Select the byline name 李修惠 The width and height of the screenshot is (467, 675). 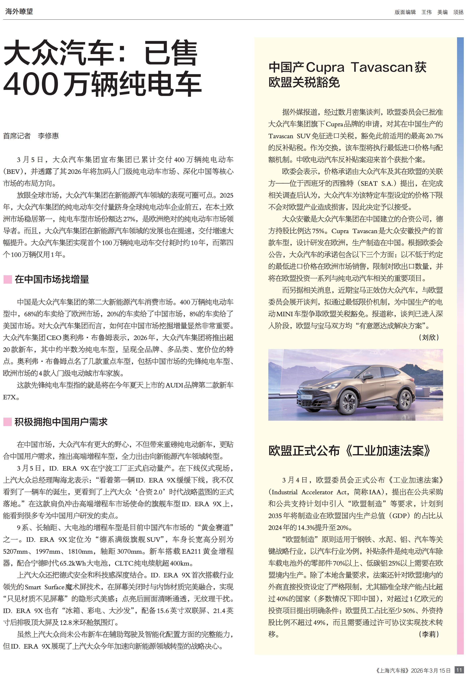(x=48, y=136)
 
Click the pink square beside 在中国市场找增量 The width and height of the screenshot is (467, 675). (x=7, y=279)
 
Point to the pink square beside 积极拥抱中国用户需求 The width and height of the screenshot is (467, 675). (x=7, y=422)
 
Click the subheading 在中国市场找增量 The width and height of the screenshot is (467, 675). (x=52, y=279)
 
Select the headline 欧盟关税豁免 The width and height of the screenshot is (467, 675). (x=304, y=83)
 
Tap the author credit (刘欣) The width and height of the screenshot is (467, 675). (x=429, y=337)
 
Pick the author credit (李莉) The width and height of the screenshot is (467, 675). (x=429, y=634)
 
